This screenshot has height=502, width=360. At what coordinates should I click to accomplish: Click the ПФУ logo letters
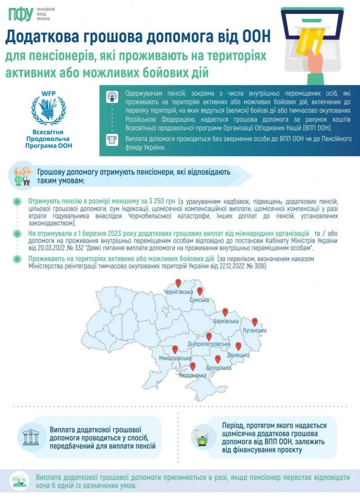(20, 15)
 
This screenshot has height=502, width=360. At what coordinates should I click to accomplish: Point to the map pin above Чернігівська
(178, 283)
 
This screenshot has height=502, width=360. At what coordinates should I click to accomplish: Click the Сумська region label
(199, 300)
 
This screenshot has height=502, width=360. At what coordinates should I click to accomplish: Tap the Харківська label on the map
(225, 321)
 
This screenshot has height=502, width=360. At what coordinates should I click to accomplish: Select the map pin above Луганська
(255, 322)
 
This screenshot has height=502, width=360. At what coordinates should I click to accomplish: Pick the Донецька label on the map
(238, 355)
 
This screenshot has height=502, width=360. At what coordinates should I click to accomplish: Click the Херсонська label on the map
(193, 375)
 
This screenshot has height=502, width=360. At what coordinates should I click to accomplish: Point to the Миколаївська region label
(175, 358)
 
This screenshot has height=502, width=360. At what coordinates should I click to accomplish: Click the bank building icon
(31, 437)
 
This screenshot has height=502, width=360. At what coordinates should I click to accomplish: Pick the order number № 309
(256, 266)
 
